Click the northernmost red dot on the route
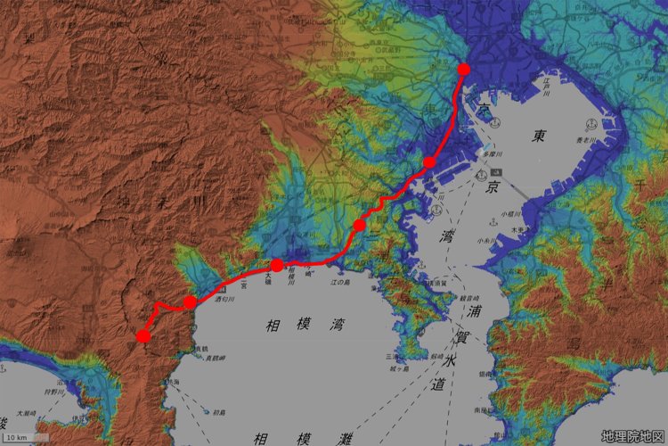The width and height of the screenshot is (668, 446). tap(463, 69)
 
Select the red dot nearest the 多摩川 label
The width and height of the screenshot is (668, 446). tap(429, 162)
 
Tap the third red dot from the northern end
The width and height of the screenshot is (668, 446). tap(359, 225)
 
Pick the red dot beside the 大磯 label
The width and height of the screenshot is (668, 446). tap(277, 265)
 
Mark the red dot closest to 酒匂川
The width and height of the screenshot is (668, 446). tap(190, 302)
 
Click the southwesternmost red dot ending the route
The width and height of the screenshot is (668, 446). tap(143, 336)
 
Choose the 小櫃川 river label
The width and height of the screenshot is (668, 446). tap(509, 214)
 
